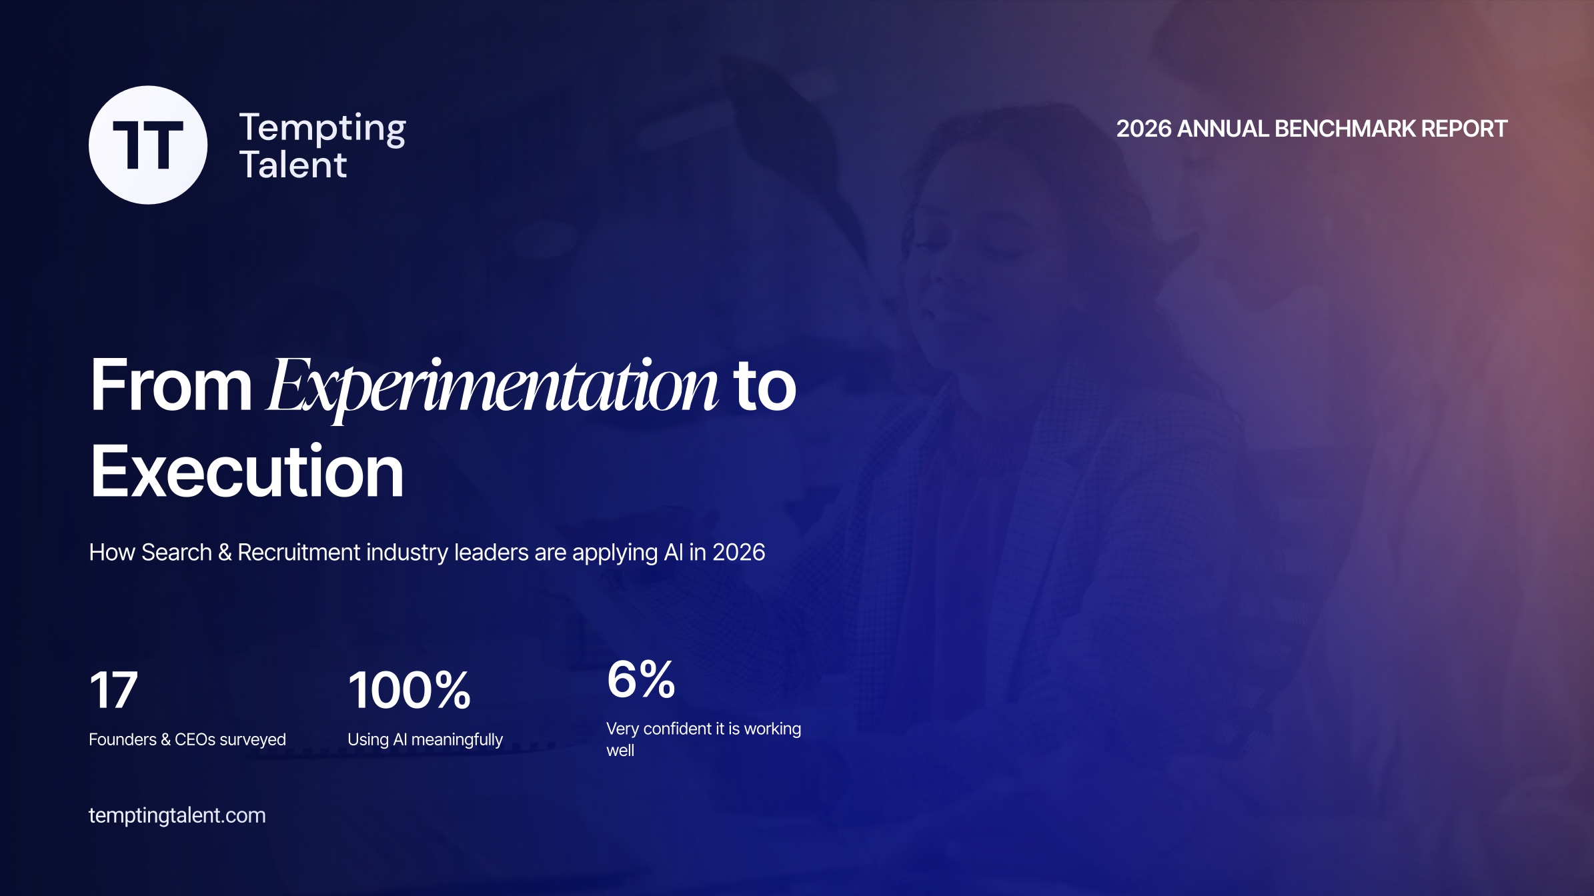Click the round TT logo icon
click(148, 145)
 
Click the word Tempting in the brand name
click(323, 129)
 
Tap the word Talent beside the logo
click(293, 165)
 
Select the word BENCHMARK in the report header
click(1345, 129)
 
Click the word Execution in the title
click(247, 471)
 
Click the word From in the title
click(171, 385)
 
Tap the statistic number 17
click(113, 690)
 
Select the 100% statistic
click(410, 690)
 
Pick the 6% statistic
click(641, 679)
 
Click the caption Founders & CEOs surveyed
click(187, 739)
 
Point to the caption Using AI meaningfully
click(426, 740)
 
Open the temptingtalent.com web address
click(177, 815)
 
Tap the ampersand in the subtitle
click(225, 553)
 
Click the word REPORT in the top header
click(1465, 129)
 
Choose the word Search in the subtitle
click(177, 552)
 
